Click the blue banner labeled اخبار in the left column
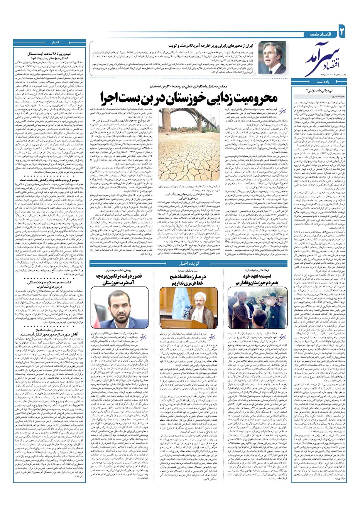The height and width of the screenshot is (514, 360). point(49,42)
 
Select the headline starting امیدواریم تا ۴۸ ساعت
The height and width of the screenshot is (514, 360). point(49,53)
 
